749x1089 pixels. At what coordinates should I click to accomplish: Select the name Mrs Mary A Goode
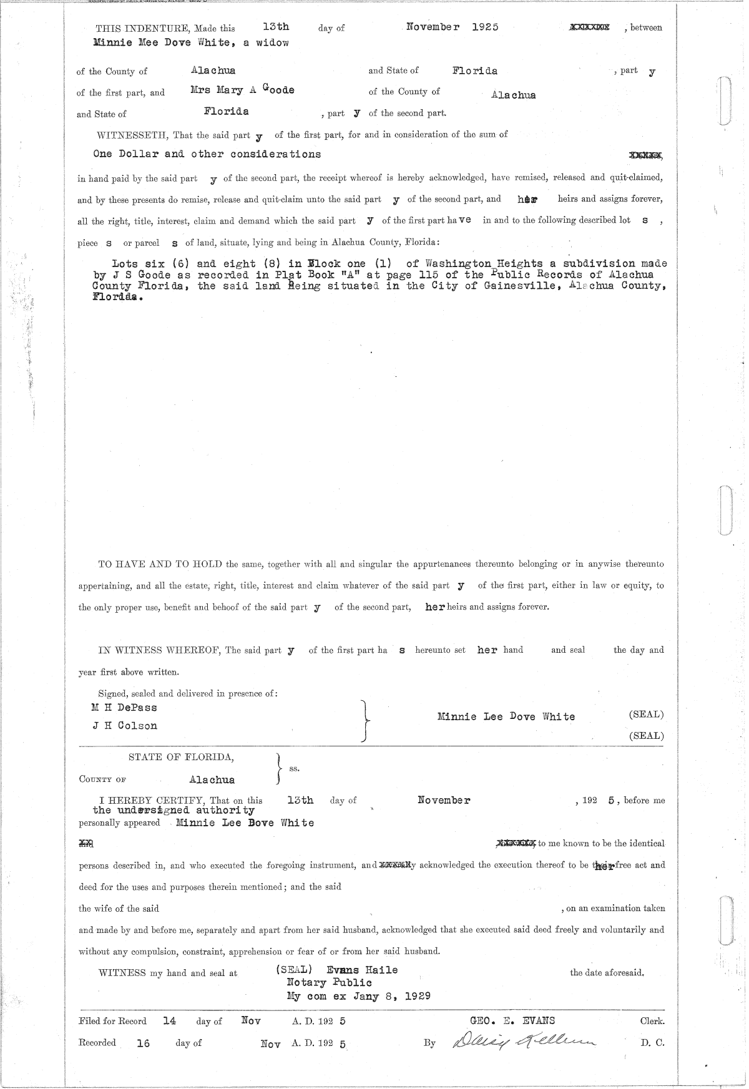242,90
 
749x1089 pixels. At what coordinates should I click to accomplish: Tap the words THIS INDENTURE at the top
143,28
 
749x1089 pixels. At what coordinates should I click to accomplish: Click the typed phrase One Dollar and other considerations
207,154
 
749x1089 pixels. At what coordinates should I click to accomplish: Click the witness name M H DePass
124,708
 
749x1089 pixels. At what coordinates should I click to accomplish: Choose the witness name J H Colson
124,726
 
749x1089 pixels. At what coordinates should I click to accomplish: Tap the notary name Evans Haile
361,970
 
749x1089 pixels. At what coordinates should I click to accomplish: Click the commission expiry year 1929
417,996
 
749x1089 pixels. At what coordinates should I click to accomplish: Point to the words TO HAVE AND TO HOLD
160,564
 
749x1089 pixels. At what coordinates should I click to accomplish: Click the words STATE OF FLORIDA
182,757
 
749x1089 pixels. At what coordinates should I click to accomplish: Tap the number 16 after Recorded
143,1043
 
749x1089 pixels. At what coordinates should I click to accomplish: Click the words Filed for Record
112,1021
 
